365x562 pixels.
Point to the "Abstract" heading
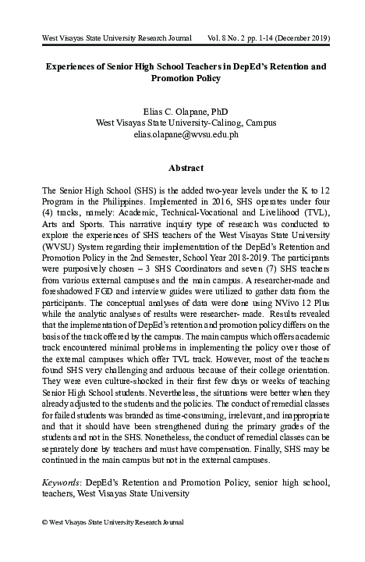point(185,168)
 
